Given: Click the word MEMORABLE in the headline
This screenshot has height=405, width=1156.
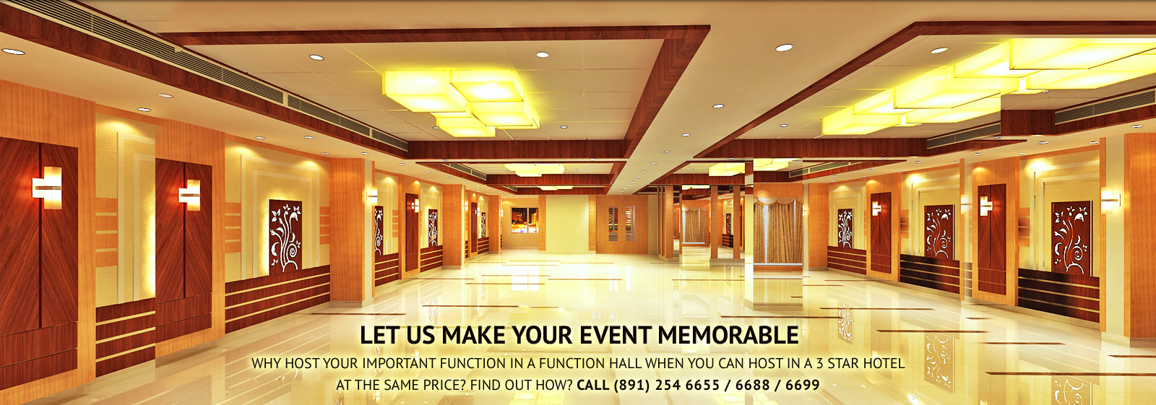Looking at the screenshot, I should coord(728,336).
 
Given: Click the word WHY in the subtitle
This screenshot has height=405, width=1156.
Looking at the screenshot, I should coord(266,363).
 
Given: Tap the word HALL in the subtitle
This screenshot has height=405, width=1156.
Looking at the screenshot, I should coord(625,363).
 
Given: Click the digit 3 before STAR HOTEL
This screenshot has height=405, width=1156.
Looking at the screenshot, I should coord(820,363).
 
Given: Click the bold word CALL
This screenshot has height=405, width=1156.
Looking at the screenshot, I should coord(592,385).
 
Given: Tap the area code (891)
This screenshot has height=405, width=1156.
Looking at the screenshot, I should coord(631,385).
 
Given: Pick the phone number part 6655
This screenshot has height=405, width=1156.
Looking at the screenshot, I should coord(702,385).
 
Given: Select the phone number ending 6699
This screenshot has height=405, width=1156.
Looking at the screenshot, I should coord(802,385).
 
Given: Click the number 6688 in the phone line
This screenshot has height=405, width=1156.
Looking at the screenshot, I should coord(752,385).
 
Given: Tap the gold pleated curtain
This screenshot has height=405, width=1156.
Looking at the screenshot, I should coord(778,232).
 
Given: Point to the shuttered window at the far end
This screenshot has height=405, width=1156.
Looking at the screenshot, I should coord(622,224).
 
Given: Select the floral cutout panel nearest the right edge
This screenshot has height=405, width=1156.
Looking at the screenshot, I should coord(1071,238).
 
